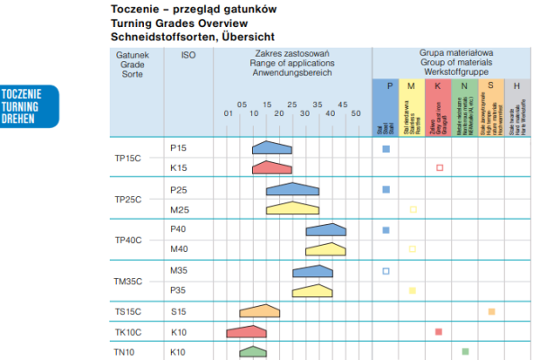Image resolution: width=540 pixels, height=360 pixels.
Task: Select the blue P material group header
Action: pos(389,86)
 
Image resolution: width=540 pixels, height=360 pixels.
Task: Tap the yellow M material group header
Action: pos(411,86)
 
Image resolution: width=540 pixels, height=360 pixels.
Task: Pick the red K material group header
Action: pos(437,86)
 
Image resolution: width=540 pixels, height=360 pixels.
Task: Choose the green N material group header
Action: pos(463,86)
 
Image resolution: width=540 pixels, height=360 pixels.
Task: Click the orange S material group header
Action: pos(490,86)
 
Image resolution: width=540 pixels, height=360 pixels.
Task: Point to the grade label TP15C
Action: pos(128,157)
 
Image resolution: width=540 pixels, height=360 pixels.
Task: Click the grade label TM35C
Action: pos(129,282)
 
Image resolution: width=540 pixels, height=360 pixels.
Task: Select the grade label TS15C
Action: pos(128,311)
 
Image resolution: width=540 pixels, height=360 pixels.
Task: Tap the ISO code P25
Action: pos(178,189)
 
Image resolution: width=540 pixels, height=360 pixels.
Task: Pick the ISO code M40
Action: pos(178,248)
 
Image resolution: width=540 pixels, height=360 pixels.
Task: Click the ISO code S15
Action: pos(178,311)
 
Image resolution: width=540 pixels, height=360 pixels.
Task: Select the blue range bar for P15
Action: pos(272,147)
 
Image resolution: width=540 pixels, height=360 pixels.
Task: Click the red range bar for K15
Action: pos(272,167)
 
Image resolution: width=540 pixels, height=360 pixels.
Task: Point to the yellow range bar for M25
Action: pos(292,208)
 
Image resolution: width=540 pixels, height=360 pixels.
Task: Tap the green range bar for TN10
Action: pos(254,351)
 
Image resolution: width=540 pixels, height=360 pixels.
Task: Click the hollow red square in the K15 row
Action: pos(439,168)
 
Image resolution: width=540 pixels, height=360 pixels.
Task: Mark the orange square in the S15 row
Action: pos(491,311)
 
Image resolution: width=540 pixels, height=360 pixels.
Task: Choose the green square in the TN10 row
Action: pos(465,351)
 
